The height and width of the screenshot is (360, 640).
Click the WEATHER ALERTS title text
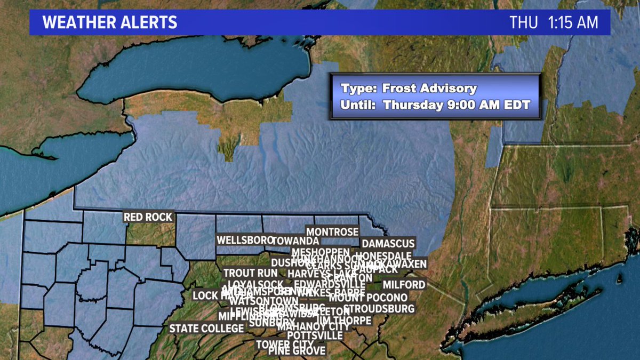click(109, 22)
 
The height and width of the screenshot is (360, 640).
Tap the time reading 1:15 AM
click(573, 22)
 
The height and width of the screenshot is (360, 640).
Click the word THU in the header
click(524, 22)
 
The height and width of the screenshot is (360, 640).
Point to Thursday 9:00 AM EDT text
click(457, 105)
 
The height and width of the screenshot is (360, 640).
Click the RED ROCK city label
click(148, 217)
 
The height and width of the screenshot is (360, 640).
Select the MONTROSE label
click(332, 232)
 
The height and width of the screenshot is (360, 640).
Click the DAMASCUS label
click(388, 244)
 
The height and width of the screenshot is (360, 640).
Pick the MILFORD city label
click(404, 285)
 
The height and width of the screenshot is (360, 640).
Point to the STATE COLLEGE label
click(203, 329)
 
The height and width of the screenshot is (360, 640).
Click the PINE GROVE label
click(297, 351)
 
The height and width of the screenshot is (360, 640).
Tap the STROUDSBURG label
click(379, 309)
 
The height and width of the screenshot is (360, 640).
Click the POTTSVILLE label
click(315, 335)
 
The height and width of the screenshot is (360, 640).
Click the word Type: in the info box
click(355, 89)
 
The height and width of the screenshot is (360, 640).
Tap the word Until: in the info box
click(357, 105)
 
